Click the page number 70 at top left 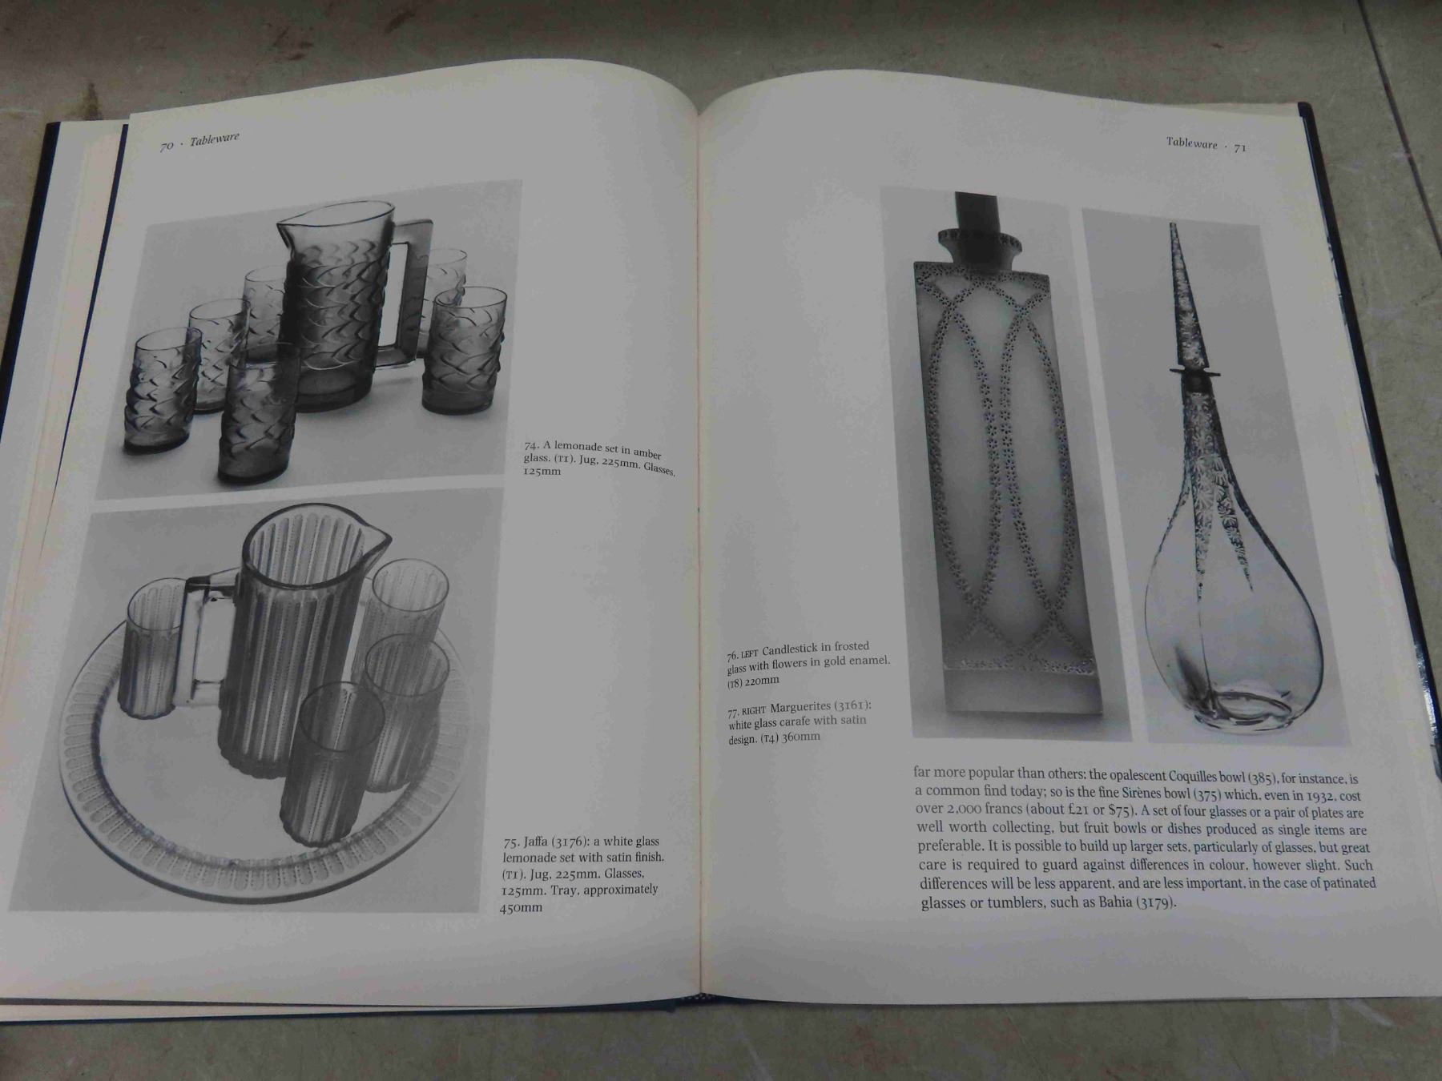coord(167,146)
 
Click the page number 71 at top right coord(1239,147)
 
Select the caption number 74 coord(532,444)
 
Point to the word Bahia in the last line coord(1102,903)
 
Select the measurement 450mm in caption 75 coord(521,906)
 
